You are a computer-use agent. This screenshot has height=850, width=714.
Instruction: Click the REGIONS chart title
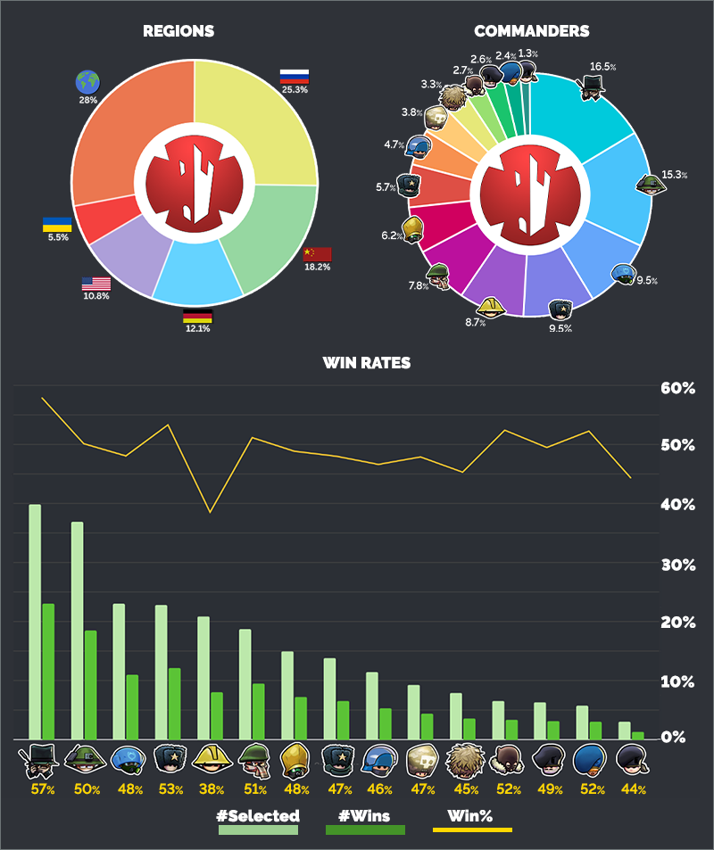178,31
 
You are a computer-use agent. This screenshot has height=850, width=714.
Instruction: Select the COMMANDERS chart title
531,31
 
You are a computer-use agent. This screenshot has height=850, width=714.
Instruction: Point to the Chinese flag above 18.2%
317,254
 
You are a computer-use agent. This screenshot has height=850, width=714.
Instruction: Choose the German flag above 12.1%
197,316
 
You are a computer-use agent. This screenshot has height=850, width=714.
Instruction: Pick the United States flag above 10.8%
95,284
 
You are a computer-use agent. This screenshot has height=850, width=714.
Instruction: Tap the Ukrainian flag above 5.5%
57,224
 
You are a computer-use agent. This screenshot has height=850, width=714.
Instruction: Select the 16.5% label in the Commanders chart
603,67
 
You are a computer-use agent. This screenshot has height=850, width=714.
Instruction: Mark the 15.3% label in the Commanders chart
675,175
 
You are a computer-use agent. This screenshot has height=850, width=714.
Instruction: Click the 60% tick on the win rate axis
677,389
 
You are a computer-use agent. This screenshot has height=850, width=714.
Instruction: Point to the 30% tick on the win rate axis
677,565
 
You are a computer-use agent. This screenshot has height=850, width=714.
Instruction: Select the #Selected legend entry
258,816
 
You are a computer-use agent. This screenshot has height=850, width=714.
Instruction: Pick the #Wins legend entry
365,816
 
